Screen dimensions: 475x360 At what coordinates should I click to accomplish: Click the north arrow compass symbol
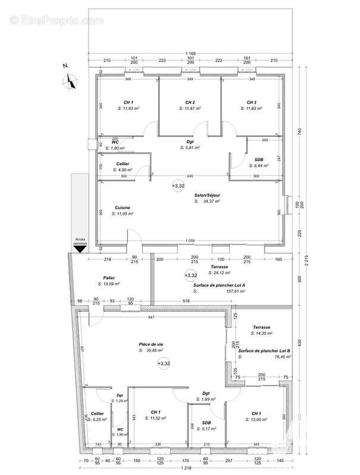pos(71,80)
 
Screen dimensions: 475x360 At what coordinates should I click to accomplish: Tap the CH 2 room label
pos(190,102)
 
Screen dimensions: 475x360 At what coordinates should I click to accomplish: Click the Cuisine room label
pos(124,207)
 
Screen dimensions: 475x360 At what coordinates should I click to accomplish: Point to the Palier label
pos(109,277)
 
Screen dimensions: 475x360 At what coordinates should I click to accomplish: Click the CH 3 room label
pos(251,102)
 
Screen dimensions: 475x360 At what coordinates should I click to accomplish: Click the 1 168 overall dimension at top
pos(190,53)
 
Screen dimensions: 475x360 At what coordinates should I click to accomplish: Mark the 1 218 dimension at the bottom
pos(188,468)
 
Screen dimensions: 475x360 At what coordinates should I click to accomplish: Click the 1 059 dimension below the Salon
pos(190,240)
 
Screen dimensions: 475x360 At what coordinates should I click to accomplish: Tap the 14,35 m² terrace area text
pos(265,334)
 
